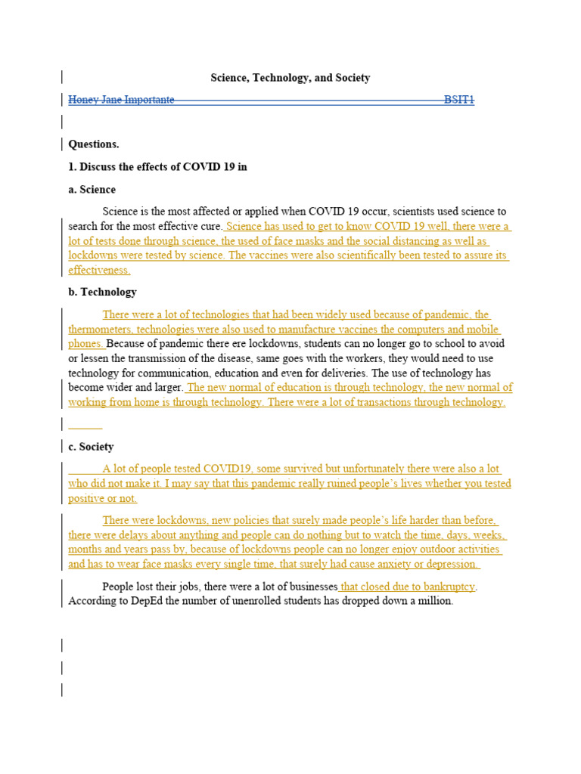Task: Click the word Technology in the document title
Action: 281,78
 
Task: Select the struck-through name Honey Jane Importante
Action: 121,100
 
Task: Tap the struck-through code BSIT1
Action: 459,100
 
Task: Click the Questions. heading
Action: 94,144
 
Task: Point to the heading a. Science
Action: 92,189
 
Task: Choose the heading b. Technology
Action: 102,292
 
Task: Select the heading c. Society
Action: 91,447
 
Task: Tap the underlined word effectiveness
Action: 99,270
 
